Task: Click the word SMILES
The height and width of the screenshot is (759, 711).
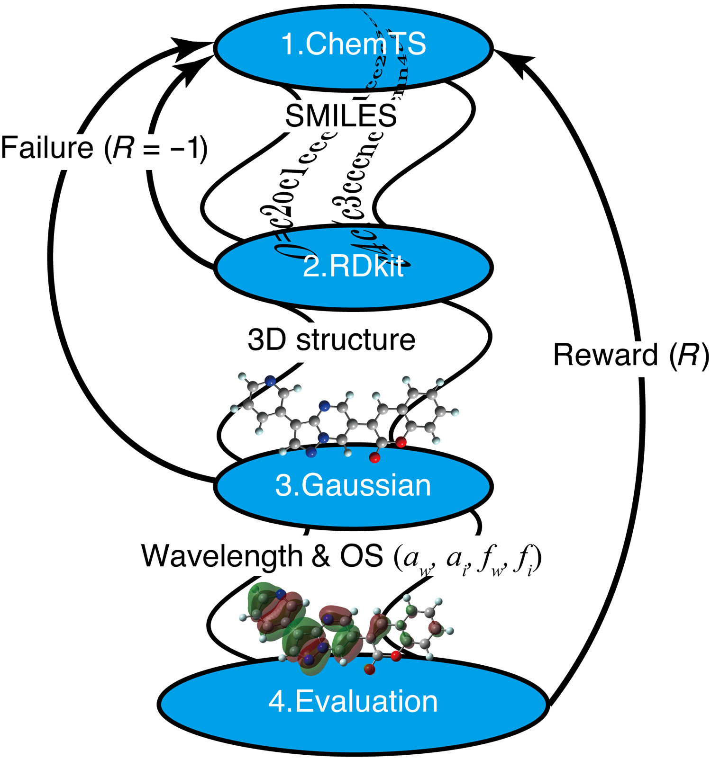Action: click(x=341, y=116)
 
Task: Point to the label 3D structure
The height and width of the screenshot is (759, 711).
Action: click(x=331, y=340)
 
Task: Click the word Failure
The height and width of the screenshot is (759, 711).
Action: click(x=47, y=148)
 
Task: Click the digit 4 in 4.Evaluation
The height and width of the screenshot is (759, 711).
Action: click(x=277, y=701)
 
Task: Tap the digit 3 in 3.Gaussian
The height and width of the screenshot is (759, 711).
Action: click(x=283, y=486)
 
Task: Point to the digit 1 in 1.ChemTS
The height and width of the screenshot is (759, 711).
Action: click(x=288, y=44)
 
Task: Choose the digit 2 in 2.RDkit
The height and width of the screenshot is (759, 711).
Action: click(x=311, y=267)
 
